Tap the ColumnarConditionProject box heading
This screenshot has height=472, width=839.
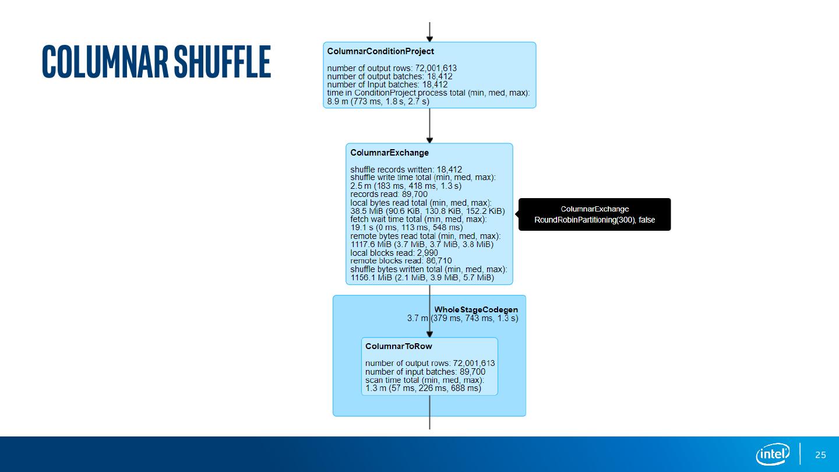(380, 51)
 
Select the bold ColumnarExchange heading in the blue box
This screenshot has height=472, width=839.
(389, 153)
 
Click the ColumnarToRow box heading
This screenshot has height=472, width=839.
(399, 346)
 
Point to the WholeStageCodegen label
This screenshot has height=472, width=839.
(476, 309)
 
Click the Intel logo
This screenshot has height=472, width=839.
(773, 454)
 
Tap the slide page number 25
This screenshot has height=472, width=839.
(820, 455)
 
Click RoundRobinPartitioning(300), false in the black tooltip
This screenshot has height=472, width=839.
(594, 220)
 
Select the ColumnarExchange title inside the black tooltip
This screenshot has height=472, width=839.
(594, 209)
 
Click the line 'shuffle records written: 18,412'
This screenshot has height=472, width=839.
(406, 170)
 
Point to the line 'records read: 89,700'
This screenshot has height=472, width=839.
(389, 194)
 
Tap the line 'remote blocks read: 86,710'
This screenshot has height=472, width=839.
(401, 261)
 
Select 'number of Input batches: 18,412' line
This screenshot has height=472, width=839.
(387, 84)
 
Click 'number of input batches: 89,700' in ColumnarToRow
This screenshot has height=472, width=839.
(425, 372)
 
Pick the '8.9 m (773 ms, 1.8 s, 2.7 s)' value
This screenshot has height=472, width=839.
(378, 101)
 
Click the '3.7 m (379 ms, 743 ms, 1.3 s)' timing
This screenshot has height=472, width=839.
(463, 318)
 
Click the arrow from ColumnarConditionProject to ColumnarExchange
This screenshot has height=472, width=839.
(429, 125)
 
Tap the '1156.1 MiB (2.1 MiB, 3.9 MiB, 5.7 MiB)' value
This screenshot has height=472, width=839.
(422, 278)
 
